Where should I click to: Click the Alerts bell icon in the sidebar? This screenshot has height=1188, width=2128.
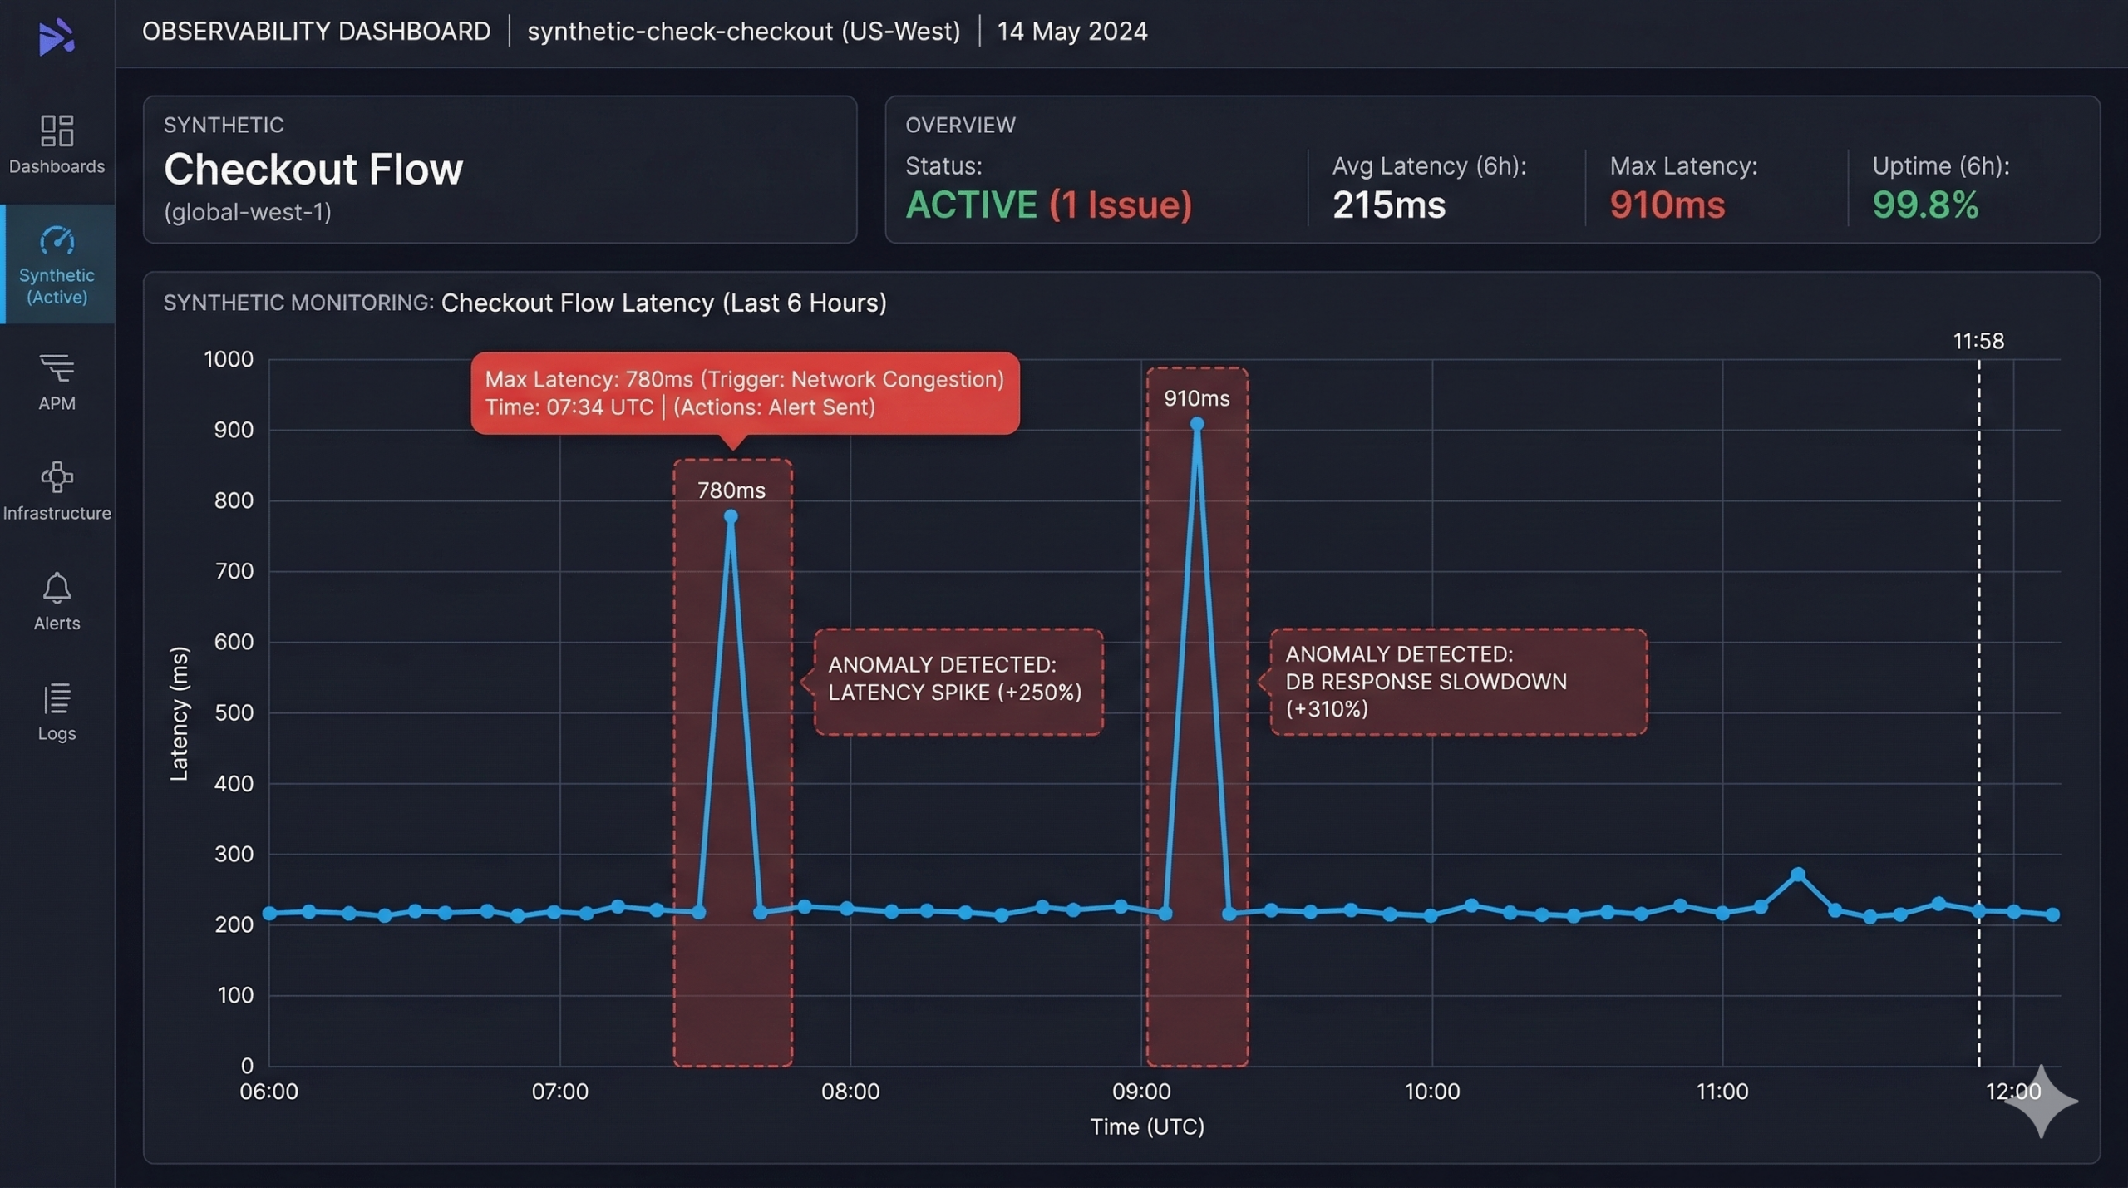pyautogui.click(x=57, y=589)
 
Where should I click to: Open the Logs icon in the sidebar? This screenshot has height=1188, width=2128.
pyautogui.click(x=57, y=699)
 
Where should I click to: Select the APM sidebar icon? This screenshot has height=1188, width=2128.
pyautogui.click(x=57, y=367)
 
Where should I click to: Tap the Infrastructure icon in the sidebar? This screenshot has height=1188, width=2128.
pyautogui.click(x=57, y=477)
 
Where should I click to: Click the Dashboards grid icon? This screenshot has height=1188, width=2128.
pyautogui.click(x=57, y=131)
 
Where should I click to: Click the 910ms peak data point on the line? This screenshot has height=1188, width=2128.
pyautogui.click(x=1197, y=424)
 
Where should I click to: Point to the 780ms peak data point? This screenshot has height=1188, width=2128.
pyautogui.click(x=731, y=516)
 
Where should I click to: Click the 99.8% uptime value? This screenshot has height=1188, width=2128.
pyautogui.click(x=1925, y=205)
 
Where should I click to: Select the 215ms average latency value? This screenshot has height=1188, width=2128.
pyautogui.click(x=1389, y=205)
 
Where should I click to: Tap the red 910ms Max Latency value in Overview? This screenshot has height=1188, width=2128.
pyautogui.click(x=1667, y=205)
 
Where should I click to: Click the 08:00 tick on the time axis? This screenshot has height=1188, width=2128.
pyautogui.click(x=850, y=1091)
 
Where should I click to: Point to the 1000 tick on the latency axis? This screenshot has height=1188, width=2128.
pyautogui.click(x=229, y=359)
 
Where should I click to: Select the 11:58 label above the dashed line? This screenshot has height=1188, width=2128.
pyautogui.click(x=1978, y=341)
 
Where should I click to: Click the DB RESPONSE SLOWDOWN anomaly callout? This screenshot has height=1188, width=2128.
pyautogui.click(x=1458, y=682)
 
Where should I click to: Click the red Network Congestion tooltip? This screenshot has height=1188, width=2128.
pyautogui.click(x=745, y=393)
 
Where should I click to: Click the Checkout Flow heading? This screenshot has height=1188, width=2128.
pyautogui.click(x=313, y=170)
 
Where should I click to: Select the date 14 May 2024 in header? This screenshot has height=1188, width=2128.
pyautogui.click(x=1072, y=32)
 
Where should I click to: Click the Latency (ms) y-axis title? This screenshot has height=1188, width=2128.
pyautogui.click(x=179, y=713)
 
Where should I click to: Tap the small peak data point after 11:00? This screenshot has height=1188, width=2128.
pyautogui.click(x=1798, y=875)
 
